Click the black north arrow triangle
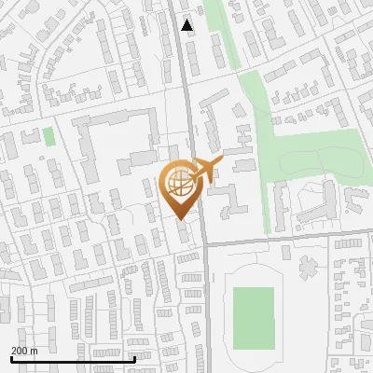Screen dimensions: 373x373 (188, 25)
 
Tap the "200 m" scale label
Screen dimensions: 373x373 (24, 351)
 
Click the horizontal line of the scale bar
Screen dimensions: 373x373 (73, 359)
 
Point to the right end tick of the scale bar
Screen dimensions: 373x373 (135, 357)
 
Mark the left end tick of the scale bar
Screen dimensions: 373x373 (11, 357)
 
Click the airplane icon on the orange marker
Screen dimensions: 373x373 (207, 169)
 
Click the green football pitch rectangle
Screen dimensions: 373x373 (253, 317)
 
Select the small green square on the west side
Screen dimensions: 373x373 (48, 136)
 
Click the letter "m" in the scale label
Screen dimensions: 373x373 (34, 351)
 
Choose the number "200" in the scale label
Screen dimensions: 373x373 (20, 351)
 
